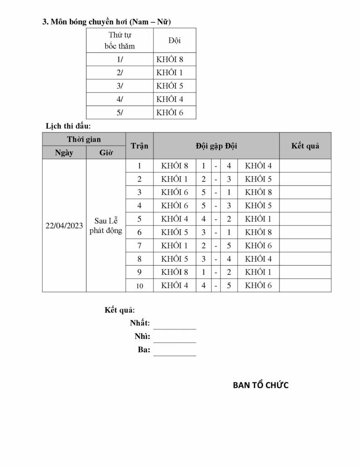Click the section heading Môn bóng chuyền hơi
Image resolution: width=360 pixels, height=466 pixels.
[x=106, y=21]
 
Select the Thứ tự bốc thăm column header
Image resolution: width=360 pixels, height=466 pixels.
[x=120, y=41]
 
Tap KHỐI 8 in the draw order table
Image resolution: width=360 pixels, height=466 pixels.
[x=169, y=59]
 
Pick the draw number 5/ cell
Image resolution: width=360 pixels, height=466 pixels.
[x=120, y=112]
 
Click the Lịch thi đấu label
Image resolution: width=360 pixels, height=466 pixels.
[x=69, y=125]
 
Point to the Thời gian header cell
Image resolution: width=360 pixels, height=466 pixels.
[x=84, y=139]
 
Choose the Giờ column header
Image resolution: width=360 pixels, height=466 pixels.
[x=106, y=152]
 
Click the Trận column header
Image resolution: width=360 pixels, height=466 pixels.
[x=139, y=146]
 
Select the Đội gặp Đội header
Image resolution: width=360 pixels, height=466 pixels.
[x=216, y=146]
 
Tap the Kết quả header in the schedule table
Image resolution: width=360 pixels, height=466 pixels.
[x=304, y=146]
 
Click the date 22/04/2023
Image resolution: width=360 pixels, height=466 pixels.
[x=64, y=226]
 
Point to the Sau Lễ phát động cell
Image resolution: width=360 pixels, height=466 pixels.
[x=106, y=226]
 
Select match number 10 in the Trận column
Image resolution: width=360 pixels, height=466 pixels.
[x=139, y=285]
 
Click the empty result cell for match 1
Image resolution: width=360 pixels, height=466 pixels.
[x=304, y=166]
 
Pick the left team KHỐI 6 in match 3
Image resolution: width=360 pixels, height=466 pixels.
[x=175, y=192]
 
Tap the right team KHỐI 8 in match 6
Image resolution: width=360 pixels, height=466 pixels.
[x=258, y=232]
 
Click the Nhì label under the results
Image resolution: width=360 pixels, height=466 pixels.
[x=142, y=337]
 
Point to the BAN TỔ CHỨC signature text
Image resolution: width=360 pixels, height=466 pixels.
[x=261, y=385]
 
